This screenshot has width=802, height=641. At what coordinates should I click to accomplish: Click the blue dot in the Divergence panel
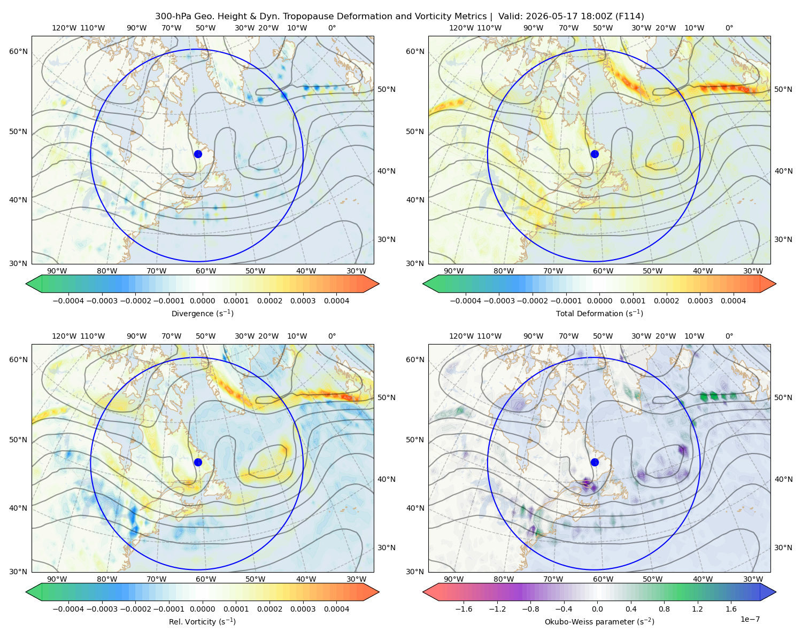[x=198, y=154]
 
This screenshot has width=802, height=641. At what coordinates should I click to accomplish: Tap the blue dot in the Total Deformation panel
[x=595, y=154]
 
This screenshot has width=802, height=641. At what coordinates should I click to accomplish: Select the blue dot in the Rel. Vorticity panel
[x=198, y=462]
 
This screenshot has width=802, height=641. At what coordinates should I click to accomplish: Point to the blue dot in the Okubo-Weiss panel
[x=595, y=462]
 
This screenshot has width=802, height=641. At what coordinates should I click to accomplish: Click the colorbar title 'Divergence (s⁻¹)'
[x=202, y=313]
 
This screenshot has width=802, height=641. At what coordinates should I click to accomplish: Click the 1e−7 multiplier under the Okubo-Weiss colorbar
[x=750, y=619]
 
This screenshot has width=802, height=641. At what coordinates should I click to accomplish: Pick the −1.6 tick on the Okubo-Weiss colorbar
[x=464, y=609]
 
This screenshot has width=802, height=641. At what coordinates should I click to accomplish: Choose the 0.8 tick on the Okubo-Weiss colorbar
[x=664, y=609]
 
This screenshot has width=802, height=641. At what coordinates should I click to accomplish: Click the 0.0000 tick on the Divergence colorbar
[x=202, y=301]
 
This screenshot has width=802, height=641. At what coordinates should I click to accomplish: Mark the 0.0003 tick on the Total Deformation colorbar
[x=700, y=301]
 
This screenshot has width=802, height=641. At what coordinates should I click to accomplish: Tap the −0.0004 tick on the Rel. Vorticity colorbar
[x=68, y=609]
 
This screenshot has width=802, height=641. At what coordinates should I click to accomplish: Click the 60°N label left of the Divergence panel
[x=18, y=51]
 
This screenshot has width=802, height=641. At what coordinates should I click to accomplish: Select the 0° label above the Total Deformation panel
[x=729, y=28]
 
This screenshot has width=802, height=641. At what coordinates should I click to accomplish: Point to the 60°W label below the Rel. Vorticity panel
[x=206, y=579]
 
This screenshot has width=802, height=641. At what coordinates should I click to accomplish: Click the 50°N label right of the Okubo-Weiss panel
[x=783, y=397]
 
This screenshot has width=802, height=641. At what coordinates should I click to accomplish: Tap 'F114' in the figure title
[x=629, y=17]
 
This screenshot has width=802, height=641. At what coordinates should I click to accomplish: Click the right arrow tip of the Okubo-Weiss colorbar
[x=776, y=592]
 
